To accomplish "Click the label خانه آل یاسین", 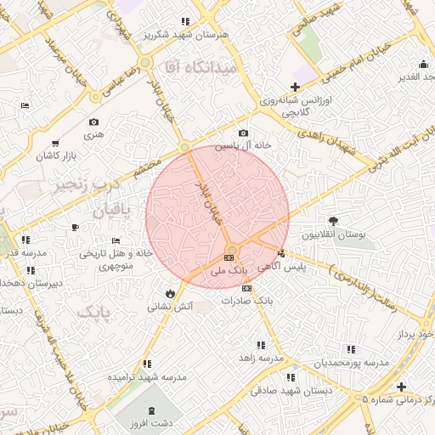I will point(242,146).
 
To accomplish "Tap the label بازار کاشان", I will point(55,157).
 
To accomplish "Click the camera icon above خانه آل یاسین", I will point(244,133).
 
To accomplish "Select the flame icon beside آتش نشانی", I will point(172,292).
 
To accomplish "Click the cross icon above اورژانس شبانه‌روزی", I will point(295,87).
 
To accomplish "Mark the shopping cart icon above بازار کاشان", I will point(55,144).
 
